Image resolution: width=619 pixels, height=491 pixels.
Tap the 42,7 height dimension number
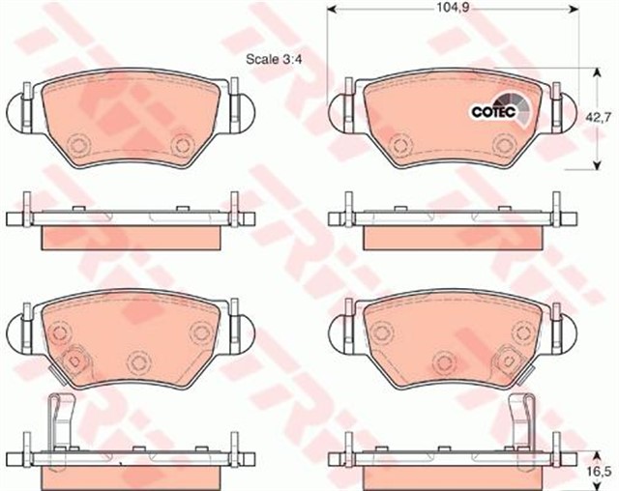click(x=602, y=117)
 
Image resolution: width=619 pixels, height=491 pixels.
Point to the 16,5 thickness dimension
click(x=602, y=472)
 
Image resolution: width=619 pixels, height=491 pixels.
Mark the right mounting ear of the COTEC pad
click(x=563, y=107)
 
